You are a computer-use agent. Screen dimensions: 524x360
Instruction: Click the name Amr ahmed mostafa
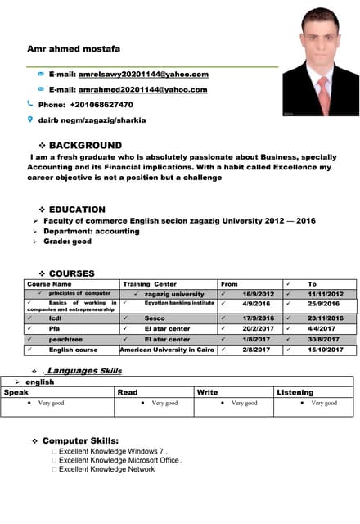point(74,49)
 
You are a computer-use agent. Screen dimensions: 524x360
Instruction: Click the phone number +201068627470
point(92,104)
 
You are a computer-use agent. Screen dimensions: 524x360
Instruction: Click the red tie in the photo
point(324,93)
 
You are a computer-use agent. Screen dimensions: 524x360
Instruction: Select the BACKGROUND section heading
point(86,145)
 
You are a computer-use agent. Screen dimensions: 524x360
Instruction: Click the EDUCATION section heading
point(77,210)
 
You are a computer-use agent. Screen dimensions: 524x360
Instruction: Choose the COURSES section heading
point(72,273)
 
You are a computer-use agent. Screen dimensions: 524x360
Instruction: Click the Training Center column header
point(149,284)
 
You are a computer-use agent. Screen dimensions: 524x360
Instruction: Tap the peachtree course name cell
point(65,339)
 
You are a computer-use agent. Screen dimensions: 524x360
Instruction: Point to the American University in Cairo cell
point(168,350)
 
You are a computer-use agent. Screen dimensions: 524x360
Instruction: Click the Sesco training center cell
point(155,318)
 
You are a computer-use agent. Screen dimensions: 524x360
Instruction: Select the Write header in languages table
point(208,392)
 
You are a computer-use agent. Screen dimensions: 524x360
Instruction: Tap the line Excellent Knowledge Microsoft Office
point(119,460)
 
